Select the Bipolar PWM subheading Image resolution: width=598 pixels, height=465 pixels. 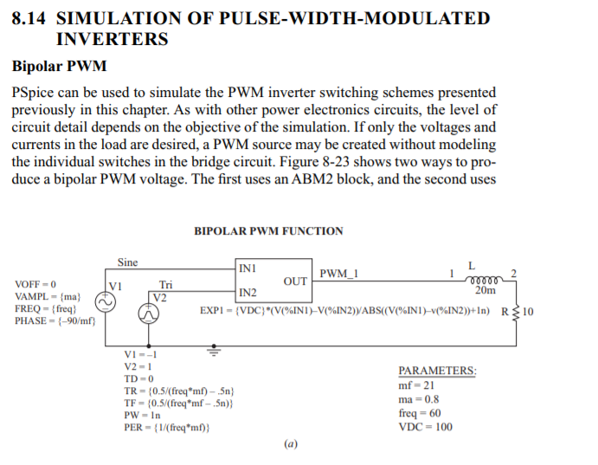(59, 67)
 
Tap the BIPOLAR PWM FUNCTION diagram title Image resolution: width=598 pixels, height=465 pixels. (268, 231)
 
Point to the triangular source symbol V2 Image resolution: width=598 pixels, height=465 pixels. (149, 317)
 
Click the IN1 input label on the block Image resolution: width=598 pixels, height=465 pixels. (247, 268)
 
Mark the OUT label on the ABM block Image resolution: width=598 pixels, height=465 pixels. (295, 281)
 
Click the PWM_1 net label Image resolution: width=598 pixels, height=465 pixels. (338, 274)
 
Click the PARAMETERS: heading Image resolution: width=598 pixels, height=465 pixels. (437, 371)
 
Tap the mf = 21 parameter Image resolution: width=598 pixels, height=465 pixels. (416, 385)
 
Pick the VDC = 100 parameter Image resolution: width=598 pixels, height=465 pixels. (425, 427)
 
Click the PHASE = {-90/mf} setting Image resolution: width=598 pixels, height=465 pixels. (55, 321)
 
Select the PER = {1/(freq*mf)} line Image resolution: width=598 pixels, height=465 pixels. (167, 428)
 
